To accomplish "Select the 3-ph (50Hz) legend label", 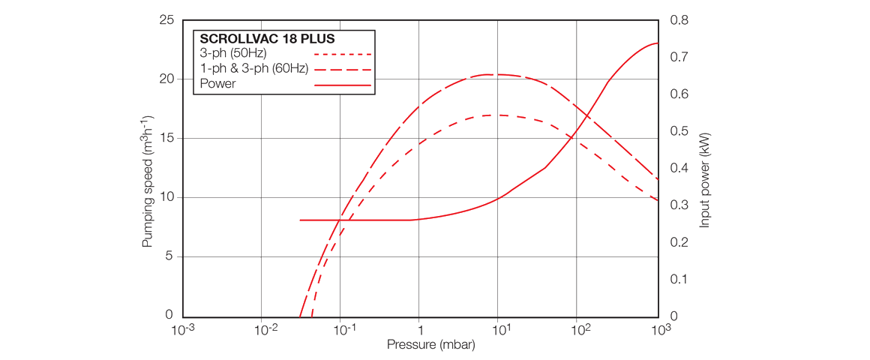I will pos(233,54).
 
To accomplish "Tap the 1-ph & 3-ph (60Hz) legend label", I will pos(254,68).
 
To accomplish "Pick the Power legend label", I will pos(217,83).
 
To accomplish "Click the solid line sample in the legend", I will pos(343,85).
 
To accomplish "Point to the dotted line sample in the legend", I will pos(343,55).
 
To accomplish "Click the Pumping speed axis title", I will pos(148,182).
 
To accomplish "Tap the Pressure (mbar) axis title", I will pos(430,345).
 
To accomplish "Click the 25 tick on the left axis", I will pos(166,20).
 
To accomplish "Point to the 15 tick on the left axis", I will pos(166,139).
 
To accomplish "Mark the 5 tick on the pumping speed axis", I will pos(169,256).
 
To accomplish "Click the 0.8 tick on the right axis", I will pos(679,20).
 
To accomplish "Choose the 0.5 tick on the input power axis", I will pos(679,131).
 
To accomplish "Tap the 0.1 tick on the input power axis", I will pos(679,279).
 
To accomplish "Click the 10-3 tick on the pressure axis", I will pos(183,330).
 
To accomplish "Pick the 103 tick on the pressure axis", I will pos(660,330).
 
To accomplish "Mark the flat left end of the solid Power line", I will pos(301,220).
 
